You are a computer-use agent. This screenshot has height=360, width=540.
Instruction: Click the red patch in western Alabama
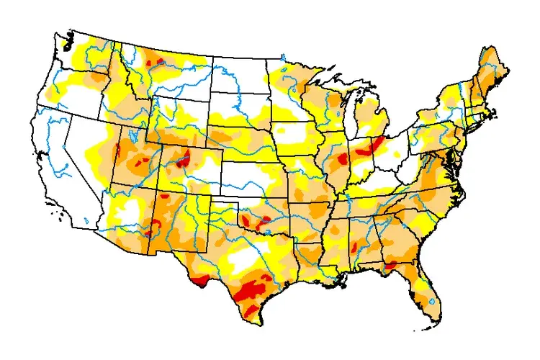tap(355, 248)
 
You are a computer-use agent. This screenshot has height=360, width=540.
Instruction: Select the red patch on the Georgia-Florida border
tap(391, 266)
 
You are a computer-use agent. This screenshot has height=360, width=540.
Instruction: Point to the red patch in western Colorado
tap(185, 158)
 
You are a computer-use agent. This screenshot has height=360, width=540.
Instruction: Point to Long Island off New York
tap(478, 130)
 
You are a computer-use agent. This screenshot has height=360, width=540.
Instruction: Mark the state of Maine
tap(493, 68)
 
